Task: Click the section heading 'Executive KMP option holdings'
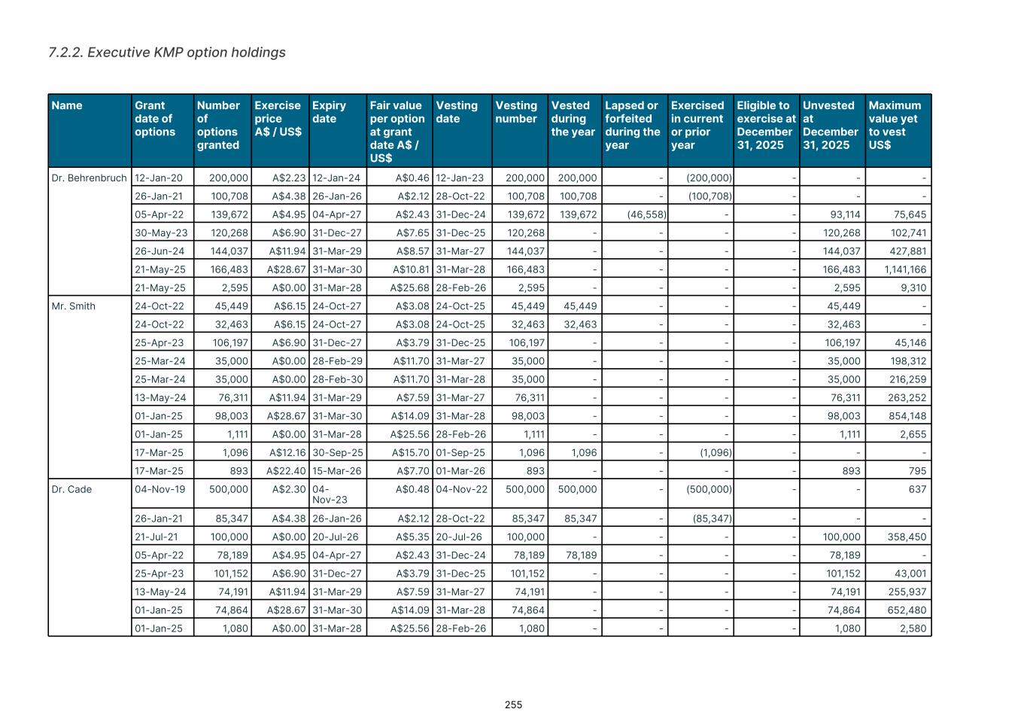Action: [x=167, y=53]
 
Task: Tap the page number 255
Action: [x=513, y=705]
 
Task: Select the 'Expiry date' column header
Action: [x=329, y=112]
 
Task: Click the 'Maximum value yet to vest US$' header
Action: [x=895, y=125]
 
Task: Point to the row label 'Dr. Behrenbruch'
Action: [x=89, y=178]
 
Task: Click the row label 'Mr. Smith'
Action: [x=74, y=306]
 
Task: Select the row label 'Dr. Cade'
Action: [x=71, y=489]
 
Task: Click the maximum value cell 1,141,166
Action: [x=905, y=269]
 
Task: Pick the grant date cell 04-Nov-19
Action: [x=159, y=489]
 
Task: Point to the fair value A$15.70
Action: [x=410, y=453]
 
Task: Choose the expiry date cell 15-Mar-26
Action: [x=337, y=471]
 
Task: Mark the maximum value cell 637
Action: [x=917, y=489]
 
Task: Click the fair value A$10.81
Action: [x=411, y=269]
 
